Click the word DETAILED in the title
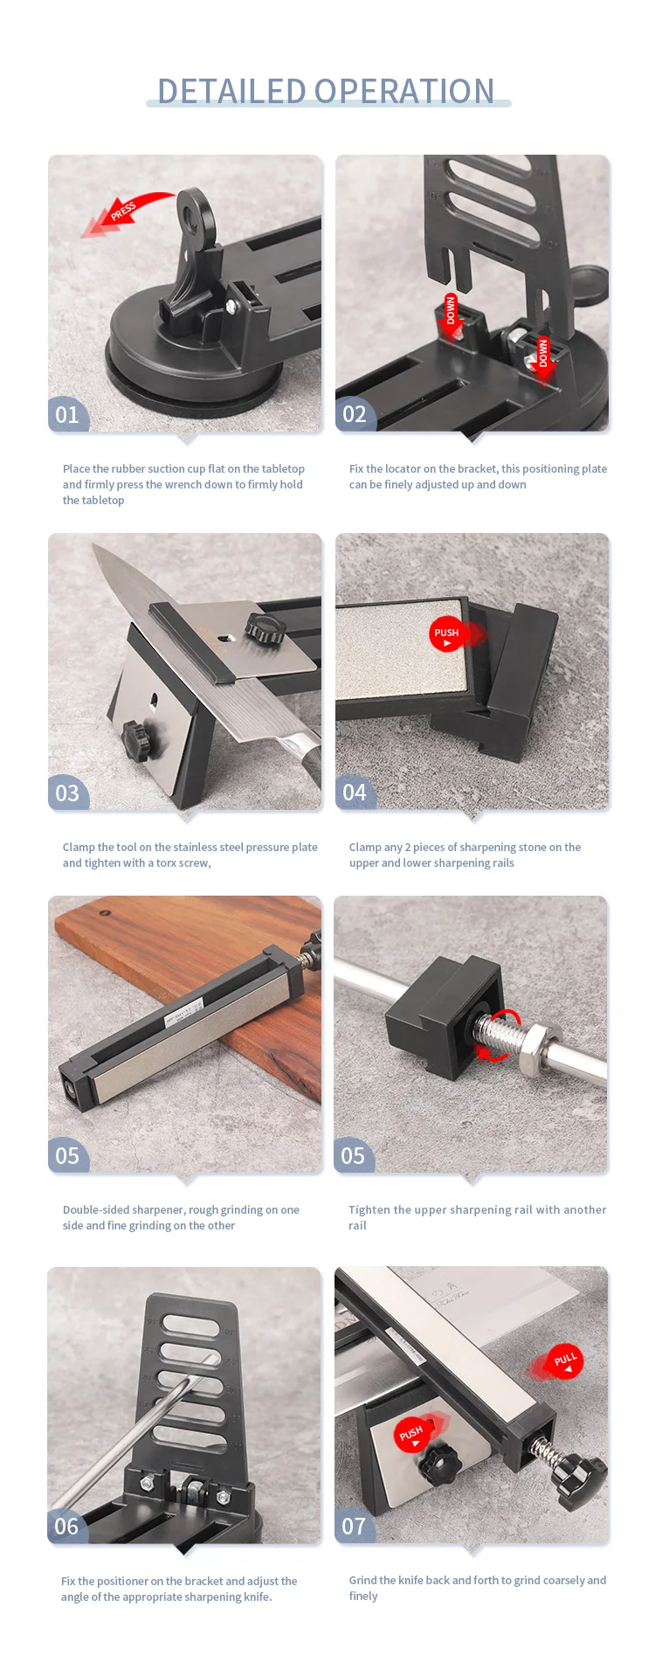tap(231, 91)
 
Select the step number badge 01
tap(67, 414)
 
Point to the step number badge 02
tap(355, 414)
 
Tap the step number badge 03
tap(67, 793)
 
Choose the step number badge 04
tap(355, 793)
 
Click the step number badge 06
tap(66, 1526)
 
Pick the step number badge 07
tap(354, 1526)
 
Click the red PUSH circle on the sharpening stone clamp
tap(446, 634)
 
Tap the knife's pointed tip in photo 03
tap(93, 544)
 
